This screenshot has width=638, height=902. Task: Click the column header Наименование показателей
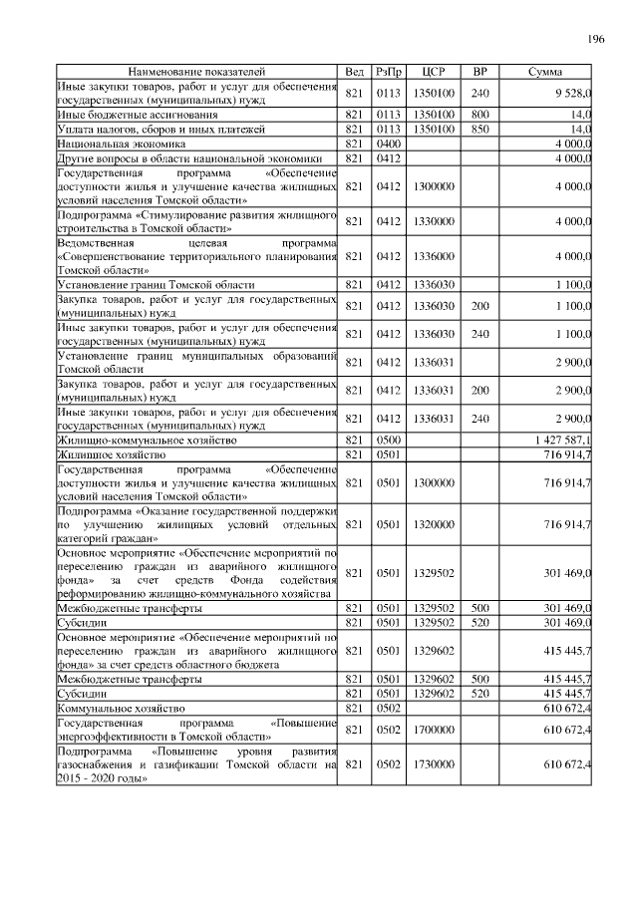coord(196,73)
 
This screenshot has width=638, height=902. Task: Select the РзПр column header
coord(389,73)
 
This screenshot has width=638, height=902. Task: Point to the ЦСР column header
coord(434,73)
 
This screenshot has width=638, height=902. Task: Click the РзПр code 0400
coord(389,144)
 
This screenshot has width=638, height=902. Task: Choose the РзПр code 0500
coord(389,440)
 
